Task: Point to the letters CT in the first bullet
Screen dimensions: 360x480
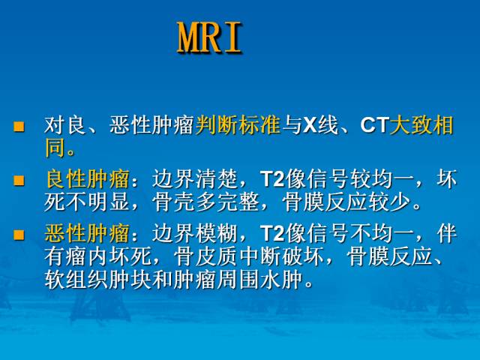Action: (x=373, y=126)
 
